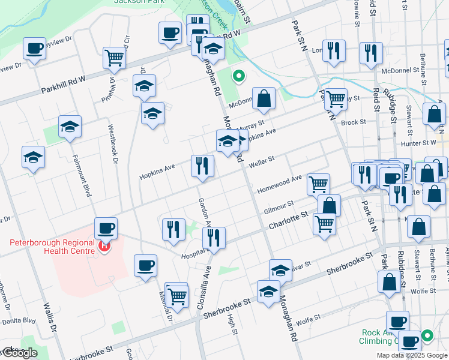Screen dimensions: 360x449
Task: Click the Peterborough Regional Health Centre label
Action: [52, 247]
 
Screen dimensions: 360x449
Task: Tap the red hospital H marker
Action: [105, 245]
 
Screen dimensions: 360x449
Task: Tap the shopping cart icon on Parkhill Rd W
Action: [113, 58]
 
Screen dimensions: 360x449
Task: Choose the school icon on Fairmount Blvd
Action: [70, 127]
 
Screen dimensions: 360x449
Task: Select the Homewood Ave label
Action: [279, 184]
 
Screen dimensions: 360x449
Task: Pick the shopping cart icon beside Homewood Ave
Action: [318, 184]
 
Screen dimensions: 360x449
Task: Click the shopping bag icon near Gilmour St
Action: [329, 205]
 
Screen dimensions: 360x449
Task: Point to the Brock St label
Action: [353, 122]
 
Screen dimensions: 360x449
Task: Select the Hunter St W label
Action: [420, 143]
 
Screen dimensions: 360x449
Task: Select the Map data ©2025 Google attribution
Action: [412, 355]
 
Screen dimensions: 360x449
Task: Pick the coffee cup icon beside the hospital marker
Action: [106, 228]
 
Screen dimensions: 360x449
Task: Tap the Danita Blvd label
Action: [18, 321]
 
